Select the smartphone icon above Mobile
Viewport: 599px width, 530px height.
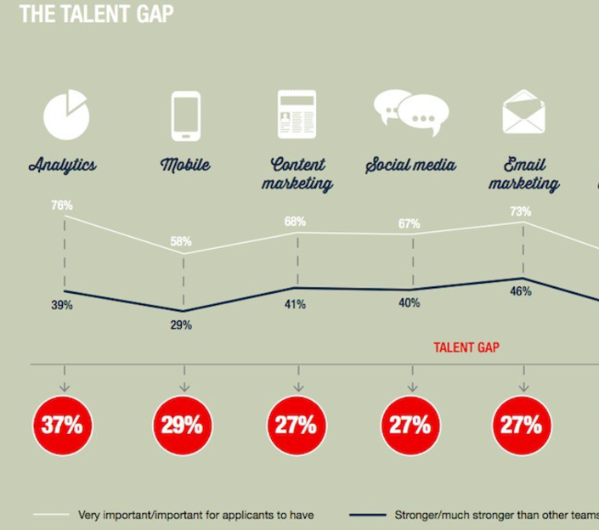pyautogui.click(x=185, y=116)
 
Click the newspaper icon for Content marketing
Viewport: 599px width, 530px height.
pyautogui.click(x=297, y=115)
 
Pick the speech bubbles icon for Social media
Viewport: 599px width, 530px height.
pyautogui.click(x=411, y=112)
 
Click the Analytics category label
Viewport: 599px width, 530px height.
pyautogui.click(x=62, y=165)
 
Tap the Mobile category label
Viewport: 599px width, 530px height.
pyautogui.click(x=185, y=165)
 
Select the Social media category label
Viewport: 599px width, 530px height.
pyautogui.click(x=411, y=165)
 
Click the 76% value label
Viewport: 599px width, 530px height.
pyautogui.click(x=62, y=205)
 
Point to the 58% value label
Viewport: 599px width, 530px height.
pyautogui.click(x=180, y=241)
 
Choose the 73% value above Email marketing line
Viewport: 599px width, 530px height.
pyautogui.click(x=520, y=211)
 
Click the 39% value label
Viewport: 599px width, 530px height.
pyautogui.click(x=62, y=306)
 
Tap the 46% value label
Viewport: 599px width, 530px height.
pyautogui.click(x=520, y=291)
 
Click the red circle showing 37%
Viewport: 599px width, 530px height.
pyautogui.click(x=63, y=425)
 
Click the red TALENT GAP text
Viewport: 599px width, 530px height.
pyautogui.click(x=466, y=347)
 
